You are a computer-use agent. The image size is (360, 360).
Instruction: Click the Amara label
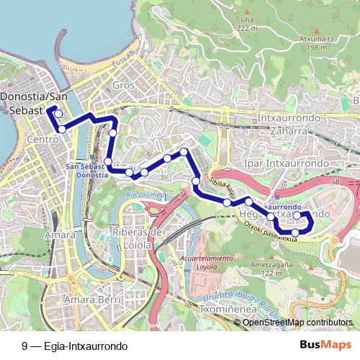pos(60,235)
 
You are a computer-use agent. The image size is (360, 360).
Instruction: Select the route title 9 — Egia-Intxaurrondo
pos(74,345)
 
